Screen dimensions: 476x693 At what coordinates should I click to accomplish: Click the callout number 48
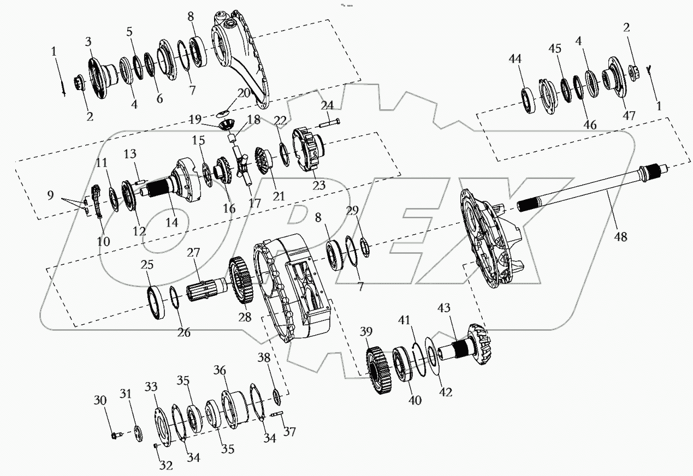point(620,236)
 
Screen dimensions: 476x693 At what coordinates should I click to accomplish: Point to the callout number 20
point(244,93)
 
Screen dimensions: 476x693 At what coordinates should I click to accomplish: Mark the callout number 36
point(220,370)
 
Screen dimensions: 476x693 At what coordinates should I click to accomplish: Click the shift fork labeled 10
point(97,202)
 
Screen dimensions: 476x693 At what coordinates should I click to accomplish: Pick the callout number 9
point(50,194)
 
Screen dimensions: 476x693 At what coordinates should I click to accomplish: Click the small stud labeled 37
point(277,415)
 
